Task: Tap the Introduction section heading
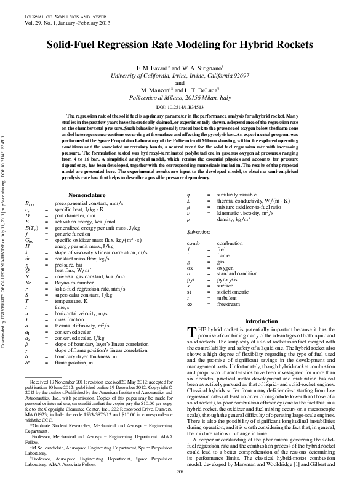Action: click(262, 321)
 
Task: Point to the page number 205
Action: click(180, 472)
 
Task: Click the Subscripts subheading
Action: click(199, 233)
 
